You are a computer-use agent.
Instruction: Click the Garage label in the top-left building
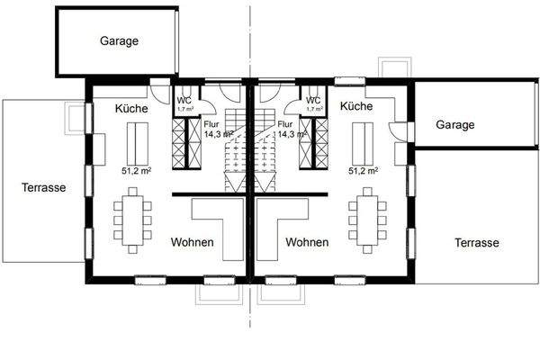click(119, 40)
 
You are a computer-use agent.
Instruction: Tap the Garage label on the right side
click(454, 125)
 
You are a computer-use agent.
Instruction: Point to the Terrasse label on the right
click(476, 243)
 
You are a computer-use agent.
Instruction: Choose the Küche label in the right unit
click(358, 105)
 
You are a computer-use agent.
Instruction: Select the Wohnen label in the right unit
click(306, 242)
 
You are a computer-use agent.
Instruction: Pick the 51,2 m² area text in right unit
click(364, 169)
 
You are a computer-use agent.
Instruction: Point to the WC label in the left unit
click(184, 99)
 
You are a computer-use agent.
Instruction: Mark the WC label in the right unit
click(313, 99)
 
